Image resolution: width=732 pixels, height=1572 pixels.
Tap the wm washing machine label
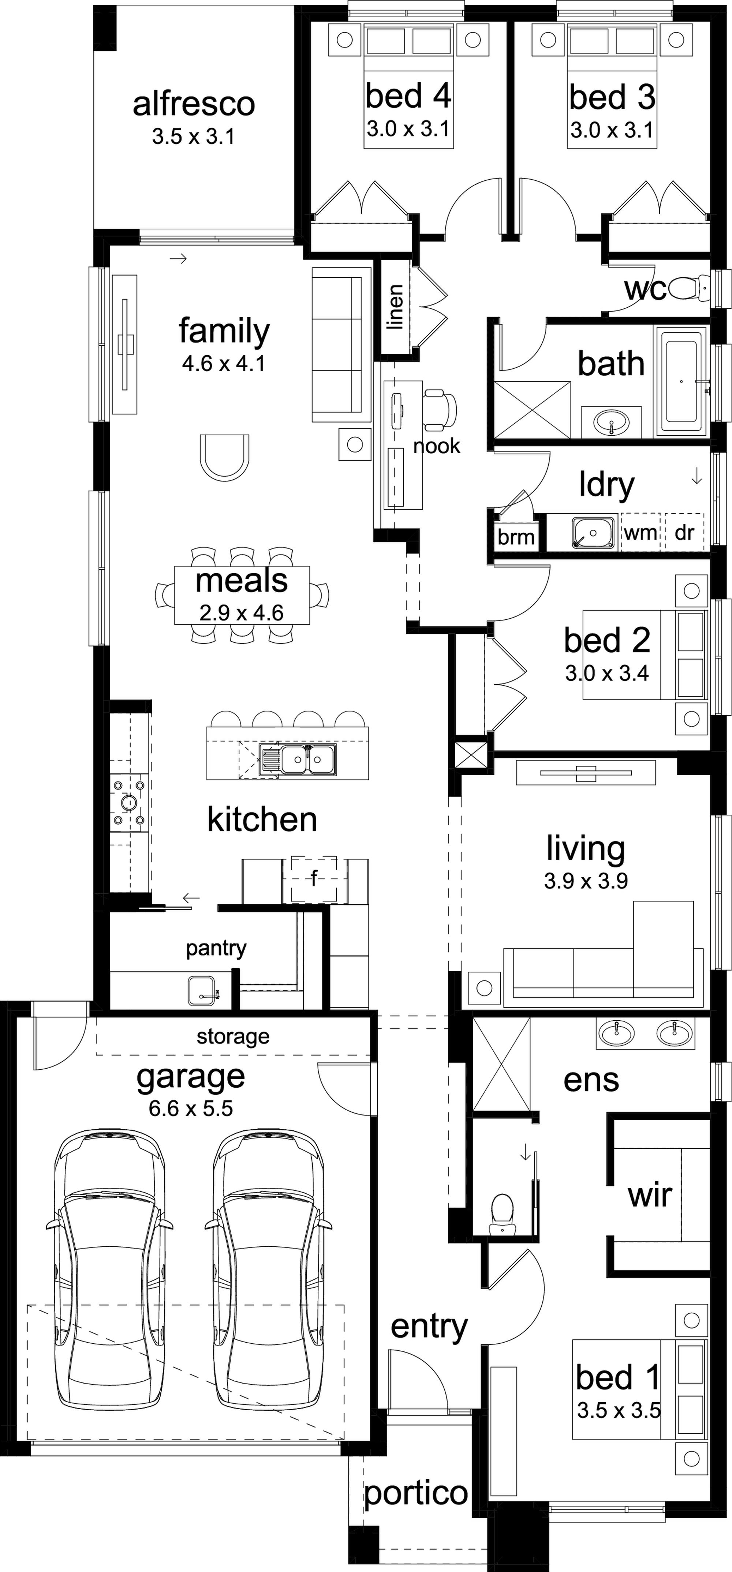click(x=640, y=533)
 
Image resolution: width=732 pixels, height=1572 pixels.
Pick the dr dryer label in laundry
click(x=684, y=533)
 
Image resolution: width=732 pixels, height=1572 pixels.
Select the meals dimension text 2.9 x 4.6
click(x=242, y=612)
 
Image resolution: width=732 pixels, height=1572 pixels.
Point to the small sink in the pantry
click(x=203, y=990)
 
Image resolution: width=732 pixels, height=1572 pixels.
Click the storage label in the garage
click(x=233, y=1036)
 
